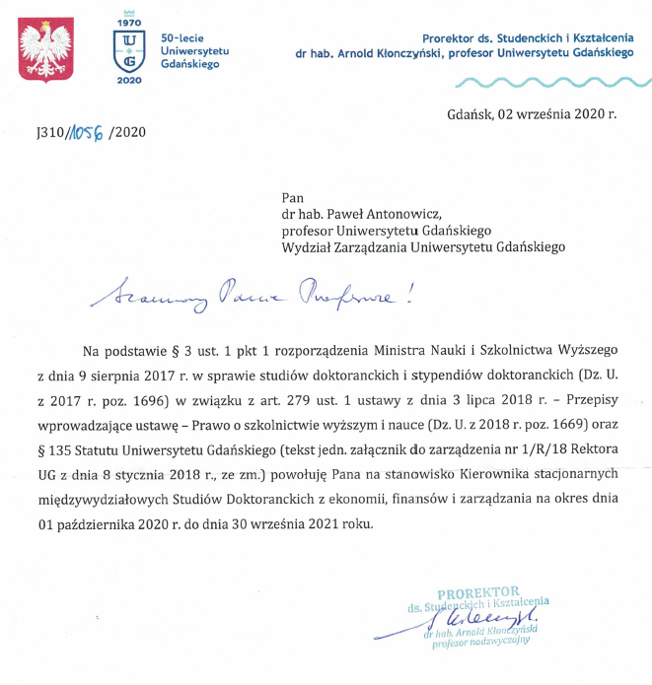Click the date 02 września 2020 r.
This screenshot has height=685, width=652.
pos(531,114)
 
